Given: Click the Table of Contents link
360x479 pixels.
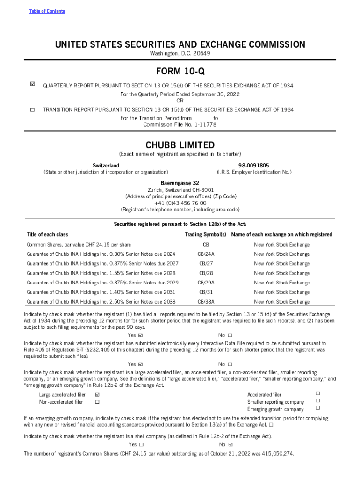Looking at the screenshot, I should (x=47, y=11).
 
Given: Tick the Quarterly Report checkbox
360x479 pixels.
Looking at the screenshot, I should (x=32, y=85).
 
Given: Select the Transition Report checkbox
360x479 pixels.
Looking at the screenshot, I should (x=32, y=109).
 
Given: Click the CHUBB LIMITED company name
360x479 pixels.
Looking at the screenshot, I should (x=180, y=145).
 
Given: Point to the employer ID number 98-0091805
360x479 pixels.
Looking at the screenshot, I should (x=254, y=166).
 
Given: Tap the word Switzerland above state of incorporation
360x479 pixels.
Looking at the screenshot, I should (x=106, y=166).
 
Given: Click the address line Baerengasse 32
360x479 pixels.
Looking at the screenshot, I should (x=180, y=183).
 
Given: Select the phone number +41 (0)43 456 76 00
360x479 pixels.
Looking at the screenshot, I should (x=180, y=203).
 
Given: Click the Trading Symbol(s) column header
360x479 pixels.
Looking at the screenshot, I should (x=206, y=234).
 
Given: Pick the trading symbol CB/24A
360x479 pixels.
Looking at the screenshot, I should (x=206, y=254).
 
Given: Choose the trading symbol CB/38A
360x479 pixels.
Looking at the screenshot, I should (x=206, y=302).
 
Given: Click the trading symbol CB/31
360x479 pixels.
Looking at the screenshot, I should (x=206, y=292).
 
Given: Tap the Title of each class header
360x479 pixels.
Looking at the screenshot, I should (x=48, y=234).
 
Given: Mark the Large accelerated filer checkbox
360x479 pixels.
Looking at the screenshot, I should (x=97, y=395).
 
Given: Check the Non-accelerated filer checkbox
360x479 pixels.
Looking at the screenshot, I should (x=97, y=402).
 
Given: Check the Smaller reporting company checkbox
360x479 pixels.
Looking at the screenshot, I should (x=317, y=400).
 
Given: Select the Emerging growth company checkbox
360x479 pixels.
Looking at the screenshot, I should (x=317, y=408).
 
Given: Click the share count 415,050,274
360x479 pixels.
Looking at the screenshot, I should (x=274, y=454).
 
